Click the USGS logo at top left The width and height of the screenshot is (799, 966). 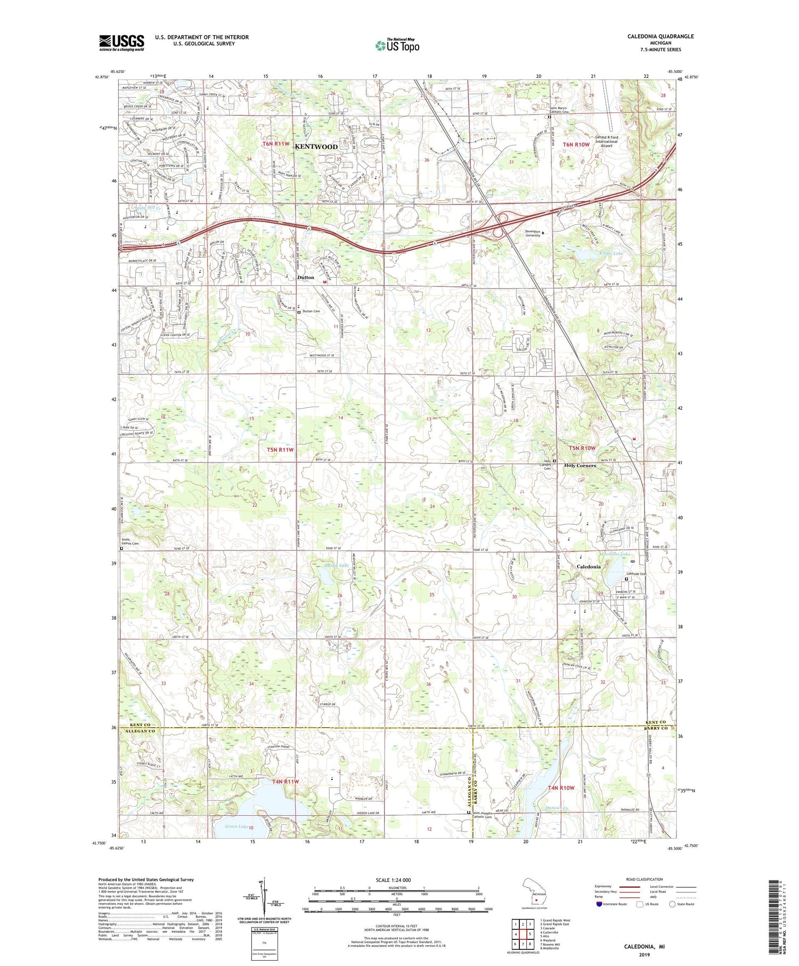coord(121,43)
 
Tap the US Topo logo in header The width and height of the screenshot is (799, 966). coord(397,45)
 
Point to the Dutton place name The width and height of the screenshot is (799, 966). coord(306,278)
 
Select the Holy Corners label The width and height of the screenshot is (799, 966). coord(580,466)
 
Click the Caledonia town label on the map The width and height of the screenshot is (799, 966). coord(589,566)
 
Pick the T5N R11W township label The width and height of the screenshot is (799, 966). coord(280,450)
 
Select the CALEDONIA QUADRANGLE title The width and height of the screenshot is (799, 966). coord(661,36)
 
